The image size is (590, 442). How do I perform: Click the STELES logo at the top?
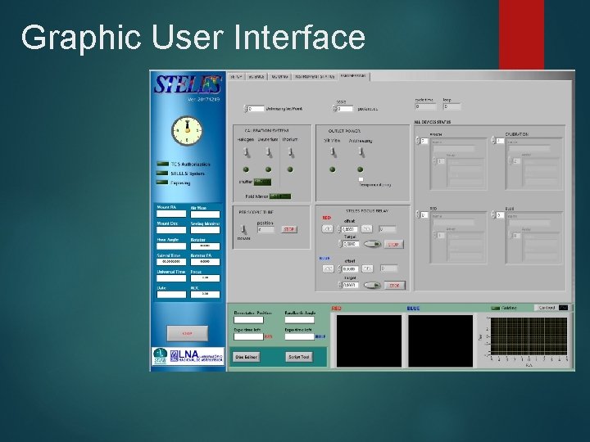click(x=188, y=84)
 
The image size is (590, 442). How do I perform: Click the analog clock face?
click(x=187, y=129)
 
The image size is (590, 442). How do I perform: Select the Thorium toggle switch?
click(x=289, y=152)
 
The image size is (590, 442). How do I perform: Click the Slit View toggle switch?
click(x=333, y=152)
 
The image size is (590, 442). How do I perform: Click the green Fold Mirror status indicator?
click(x=280, y=196)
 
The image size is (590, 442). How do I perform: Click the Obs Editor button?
click(x=247, y=357)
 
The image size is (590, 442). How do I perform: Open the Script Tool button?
click(x=298, y=357)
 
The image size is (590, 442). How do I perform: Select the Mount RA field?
click(x=171, y=215)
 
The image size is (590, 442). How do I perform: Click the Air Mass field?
click(x=205, y=215)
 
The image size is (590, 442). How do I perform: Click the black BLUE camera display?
click(x=441, y=341)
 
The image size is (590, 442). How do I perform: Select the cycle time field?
click(x=425, y=106)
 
